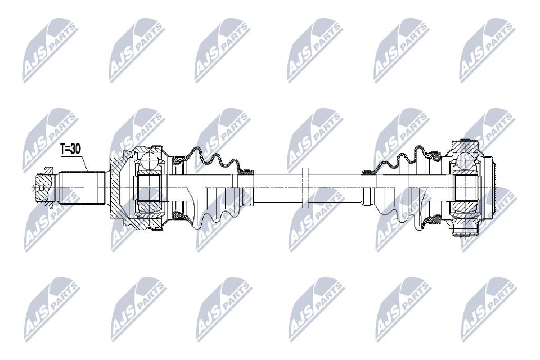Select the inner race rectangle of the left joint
[x=148, y=188]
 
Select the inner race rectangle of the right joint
[x=465, y=188]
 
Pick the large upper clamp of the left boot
[x=179, y=160]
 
